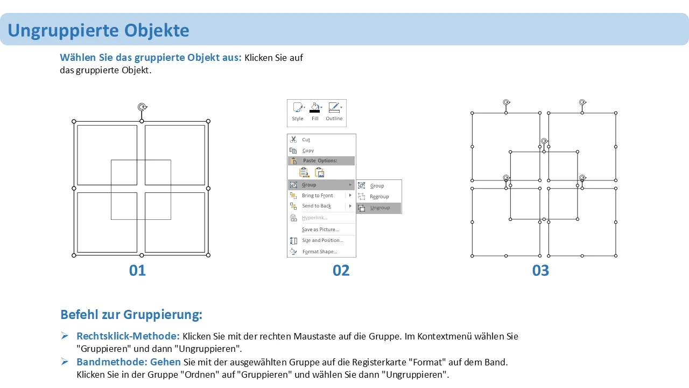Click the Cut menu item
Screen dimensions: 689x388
(306, 140)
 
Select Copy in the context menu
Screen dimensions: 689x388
(308, 150)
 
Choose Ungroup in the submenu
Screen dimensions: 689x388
(379, 208)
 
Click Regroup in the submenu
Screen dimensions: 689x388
(379, 197)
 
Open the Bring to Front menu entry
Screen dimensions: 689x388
(317, 196)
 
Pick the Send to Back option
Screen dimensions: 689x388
(316, 206)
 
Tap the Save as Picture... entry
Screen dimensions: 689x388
(320, 230)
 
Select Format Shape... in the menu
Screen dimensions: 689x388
(320, 252)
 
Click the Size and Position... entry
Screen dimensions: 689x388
(322, 240)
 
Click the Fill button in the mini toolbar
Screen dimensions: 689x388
(315, 112)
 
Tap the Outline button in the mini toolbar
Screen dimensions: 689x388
(334, 112)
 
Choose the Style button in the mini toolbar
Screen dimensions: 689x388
(298, 112)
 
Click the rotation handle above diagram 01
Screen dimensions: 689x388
(142, 107)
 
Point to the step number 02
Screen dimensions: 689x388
(341, 271)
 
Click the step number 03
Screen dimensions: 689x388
(540, 271)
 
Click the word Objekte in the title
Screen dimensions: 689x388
(157, 31)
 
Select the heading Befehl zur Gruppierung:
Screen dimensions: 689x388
(131, 314)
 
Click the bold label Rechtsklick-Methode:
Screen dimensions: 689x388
(128, 336)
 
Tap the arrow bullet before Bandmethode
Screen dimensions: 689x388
(65, 362)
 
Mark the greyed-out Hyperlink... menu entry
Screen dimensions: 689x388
(315, 218)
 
